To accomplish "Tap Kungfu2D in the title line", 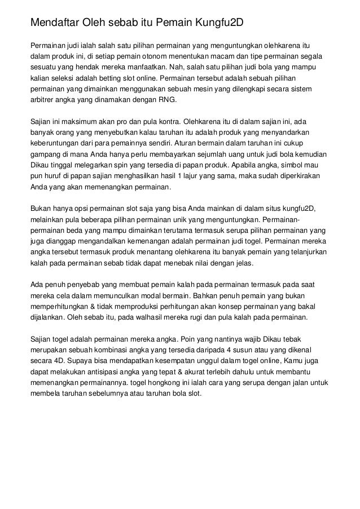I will click(220, 24).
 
